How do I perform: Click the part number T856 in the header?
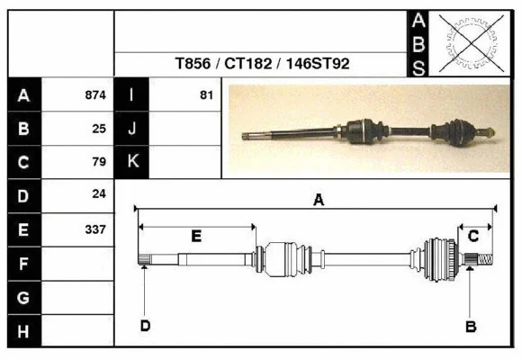[192, 65]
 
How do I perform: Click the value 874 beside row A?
[95, 94]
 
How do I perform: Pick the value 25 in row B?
[99, 129]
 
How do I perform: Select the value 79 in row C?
[99, 162]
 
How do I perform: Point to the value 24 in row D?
[99, 194]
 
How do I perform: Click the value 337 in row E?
[95, 229]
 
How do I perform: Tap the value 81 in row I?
[206, 94]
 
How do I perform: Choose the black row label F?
[24, 264]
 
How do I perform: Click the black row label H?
[24, 331]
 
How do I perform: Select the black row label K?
[132, 162]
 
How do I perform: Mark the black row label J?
[132, 129]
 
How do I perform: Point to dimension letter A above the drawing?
[318, 201]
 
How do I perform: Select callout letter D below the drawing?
[144, 326]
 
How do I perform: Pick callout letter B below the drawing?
[470, 326]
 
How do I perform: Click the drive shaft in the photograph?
[369, 130]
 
